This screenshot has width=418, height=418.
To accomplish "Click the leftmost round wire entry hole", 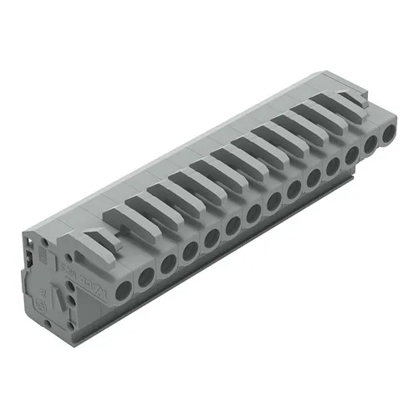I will tap(124, 290).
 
